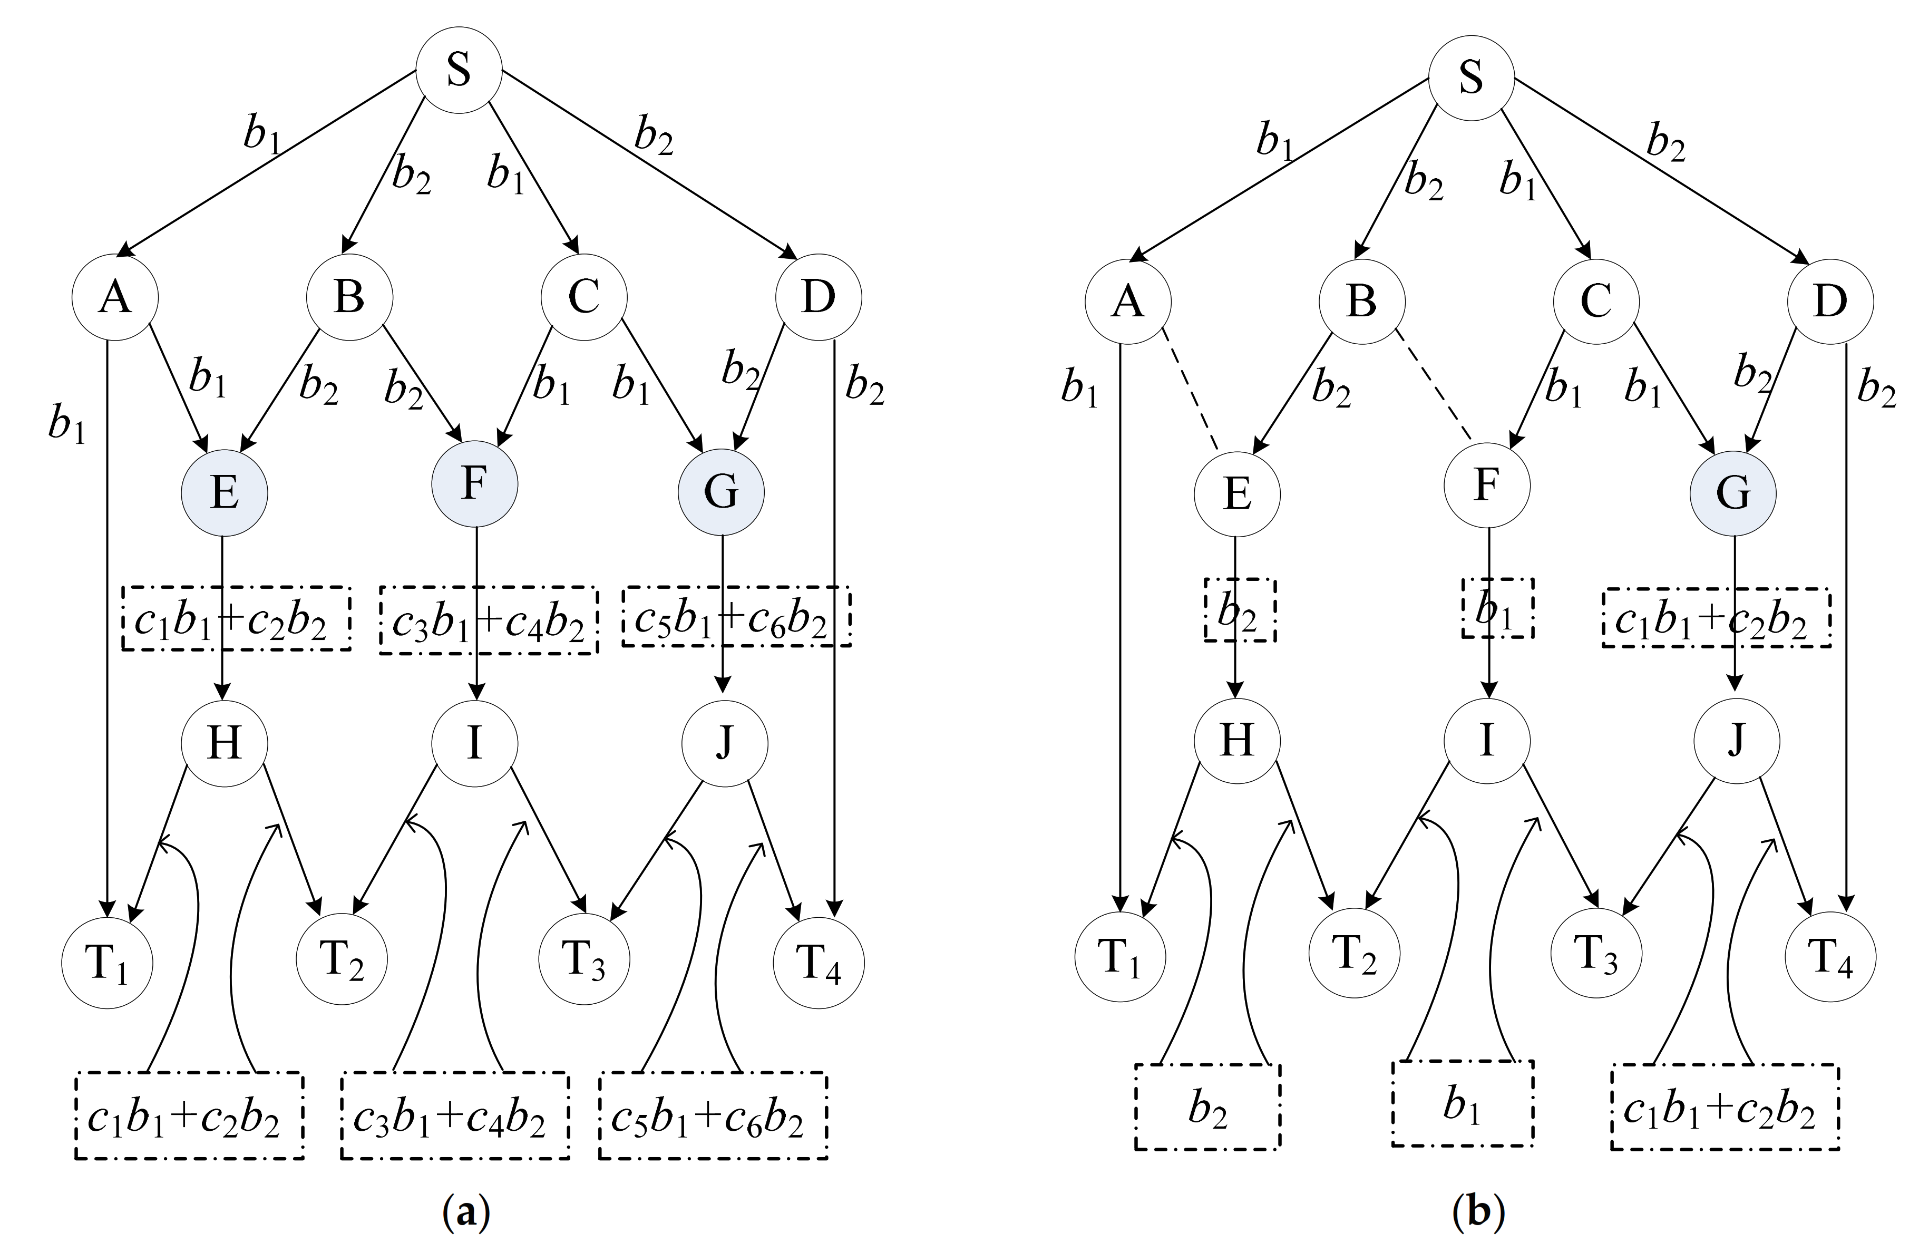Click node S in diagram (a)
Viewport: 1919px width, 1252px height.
458,71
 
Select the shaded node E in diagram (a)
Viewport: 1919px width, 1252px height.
224,492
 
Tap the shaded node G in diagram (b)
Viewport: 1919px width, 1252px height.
1733,492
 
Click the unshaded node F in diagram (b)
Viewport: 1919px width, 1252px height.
1485,486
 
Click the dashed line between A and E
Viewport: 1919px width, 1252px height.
1190,389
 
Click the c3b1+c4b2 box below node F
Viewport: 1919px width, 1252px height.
489,619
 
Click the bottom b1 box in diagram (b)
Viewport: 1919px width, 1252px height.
1462,1103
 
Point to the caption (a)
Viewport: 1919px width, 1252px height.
466,1212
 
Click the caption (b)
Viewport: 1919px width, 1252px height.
1477,1212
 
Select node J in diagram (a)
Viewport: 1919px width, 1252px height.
724,742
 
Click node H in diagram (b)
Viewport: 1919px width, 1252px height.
1237,740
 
